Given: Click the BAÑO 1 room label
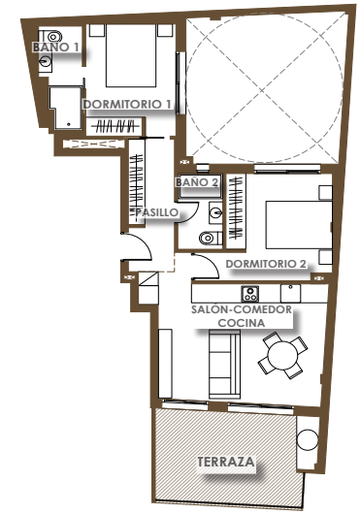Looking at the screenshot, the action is coord(55,47).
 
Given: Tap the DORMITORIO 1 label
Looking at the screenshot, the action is coord(127,104).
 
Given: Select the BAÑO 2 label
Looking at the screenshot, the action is coord(197,182).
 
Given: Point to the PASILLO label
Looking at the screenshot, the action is coord(157,212).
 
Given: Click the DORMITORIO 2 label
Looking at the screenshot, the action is coord(266,264).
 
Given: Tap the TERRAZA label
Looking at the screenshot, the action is coord(225,462).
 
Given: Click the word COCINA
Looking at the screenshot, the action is coord(242,323).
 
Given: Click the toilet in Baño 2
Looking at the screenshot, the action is coord(211,238).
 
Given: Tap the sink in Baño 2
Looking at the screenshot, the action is coord(215,212).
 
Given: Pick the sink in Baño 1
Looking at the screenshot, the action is coord(46,61).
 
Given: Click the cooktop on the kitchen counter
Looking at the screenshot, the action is coord(249,294).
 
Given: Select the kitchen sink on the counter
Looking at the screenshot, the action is coord(290,294).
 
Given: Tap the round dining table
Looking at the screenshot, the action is coord(282,355).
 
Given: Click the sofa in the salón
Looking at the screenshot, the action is coord(224,364).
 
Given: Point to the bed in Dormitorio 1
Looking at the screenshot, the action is coord(131,55).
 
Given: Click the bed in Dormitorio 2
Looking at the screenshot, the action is coord(299,225).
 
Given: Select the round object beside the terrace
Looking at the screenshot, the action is coord(308,440).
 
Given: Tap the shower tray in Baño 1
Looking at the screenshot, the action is coord(66,108).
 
